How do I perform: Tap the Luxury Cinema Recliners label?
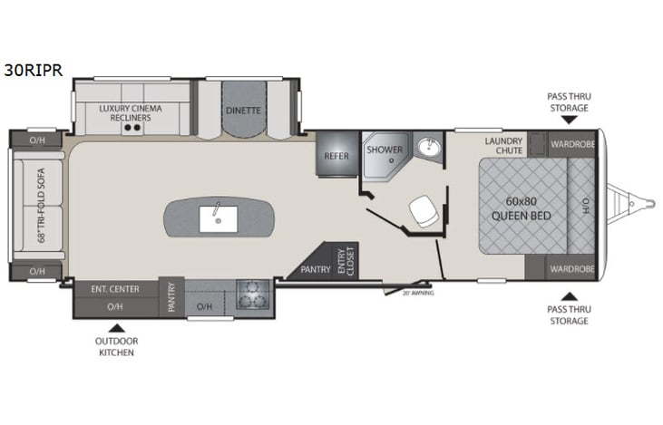(x=131, y=113)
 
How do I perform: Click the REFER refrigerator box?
(x=336, y=156)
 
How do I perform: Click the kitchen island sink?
(x=219, y=217)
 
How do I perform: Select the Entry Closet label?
(x=346, y=260)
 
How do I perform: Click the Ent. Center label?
(x=115, y=289)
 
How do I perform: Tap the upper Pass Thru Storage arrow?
(x=568, y=119)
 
